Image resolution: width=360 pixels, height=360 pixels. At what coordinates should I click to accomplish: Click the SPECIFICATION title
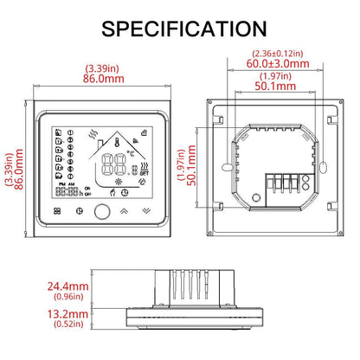point(180,28)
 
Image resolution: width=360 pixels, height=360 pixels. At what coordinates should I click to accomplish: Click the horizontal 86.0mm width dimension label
point(103,77)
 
